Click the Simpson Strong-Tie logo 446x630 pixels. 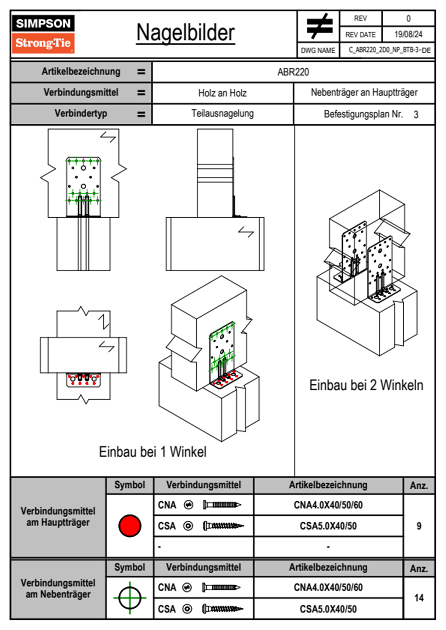coord(43,34)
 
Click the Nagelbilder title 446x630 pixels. coord(186,33)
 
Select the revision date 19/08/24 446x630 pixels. coord(408,34)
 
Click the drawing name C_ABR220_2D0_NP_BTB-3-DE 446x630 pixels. coord(390,50)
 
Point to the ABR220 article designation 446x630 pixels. coord(293,72)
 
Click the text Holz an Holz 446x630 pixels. coord(222,93)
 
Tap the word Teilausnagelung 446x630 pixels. coord(223,113)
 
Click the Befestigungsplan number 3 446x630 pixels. coord(416,115)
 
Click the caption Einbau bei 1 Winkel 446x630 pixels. coord(153,452)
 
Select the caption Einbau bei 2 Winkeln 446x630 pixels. coord(366,385)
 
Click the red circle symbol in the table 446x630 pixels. coord(130,525)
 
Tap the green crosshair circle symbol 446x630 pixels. coord(130,598)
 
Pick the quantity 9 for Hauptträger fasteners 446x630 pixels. coord(419,526)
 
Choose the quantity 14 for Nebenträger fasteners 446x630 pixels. coord(419,598)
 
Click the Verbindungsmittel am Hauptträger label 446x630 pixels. coord(58,517)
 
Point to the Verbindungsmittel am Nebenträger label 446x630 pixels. coord(58,589)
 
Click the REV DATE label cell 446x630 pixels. coord(361,34)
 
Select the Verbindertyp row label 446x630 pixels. coord(81,113)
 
